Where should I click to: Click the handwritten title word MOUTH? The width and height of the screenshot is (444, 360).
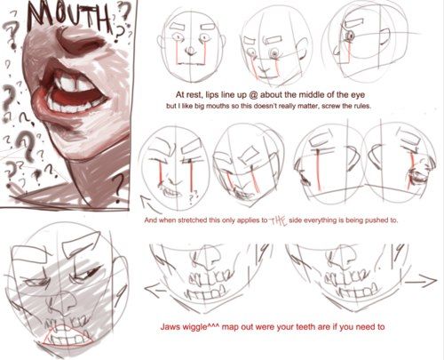[x=69, y=18]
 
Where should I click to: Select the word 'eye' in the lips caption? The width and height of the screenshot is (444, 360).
[x=358, y=95]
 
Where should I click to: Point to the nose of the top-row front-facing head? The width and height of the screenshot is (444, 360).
[x=191, y=51]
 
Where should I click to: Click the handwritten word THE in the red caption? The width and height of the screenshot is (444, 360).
[x=278, y=220]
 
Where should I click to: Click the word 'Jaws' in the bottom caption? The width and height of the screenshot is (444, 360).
[x=170, y=327]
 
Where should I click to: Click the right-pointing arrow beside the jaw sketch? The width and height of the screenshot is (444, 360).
[x=421, y=281]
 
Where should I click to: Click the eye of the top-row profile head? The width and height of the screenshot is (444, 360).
[x=351, y=36]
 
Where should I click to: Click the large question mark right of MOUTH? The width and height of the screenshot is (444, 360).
[x=123, y=11]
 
